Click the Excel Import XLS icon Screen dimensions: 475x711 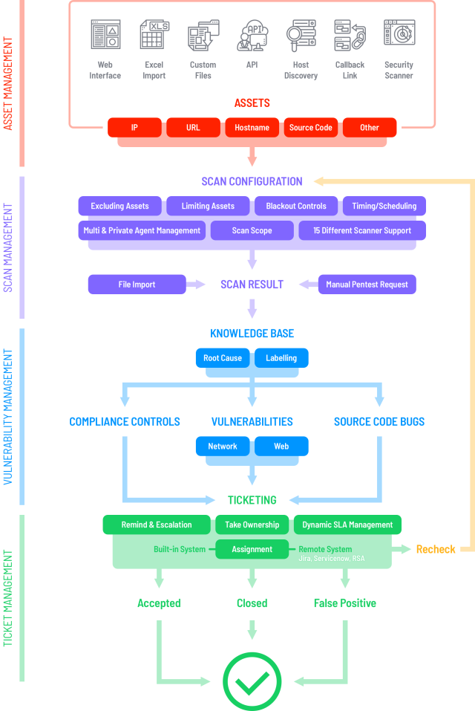pos(154,34)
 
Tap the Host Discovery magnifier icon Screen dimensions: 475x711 pos(301,35)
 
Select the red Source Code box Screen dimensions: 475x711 pos(311,128)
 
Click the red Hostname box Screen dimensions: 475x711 pos(252,128)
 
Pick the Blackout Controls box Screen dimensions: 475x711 pos(296,206)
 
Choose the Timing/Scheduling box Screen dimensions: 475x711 pos(384,206)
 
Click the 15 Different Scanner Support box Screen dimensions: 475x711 pos(362,230)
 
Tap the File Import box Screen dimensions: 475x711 pos(137,285)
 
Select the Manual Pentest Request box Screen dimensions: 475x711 pos(367,285)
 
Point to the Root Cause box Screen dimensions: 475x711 pos(223,358)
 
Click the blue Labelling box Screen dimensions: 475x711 pos(281,358)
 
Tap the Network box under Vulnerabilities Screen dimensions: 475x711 pos(223,447)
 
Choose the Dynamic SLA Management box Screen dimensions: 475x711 pos(347,525)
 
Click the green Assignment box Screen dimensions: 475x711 pos(252,549)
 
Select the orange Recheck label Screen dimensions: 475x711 pos(436,549)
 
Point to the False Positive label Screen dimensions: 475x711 pos(345,603)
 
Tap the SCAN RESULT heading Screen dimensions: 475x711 pos(252,285)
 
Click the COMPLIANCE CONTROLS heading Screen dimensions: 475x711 pos(125,422)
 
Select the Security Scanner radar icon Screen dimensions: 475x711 pos(399,33)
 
